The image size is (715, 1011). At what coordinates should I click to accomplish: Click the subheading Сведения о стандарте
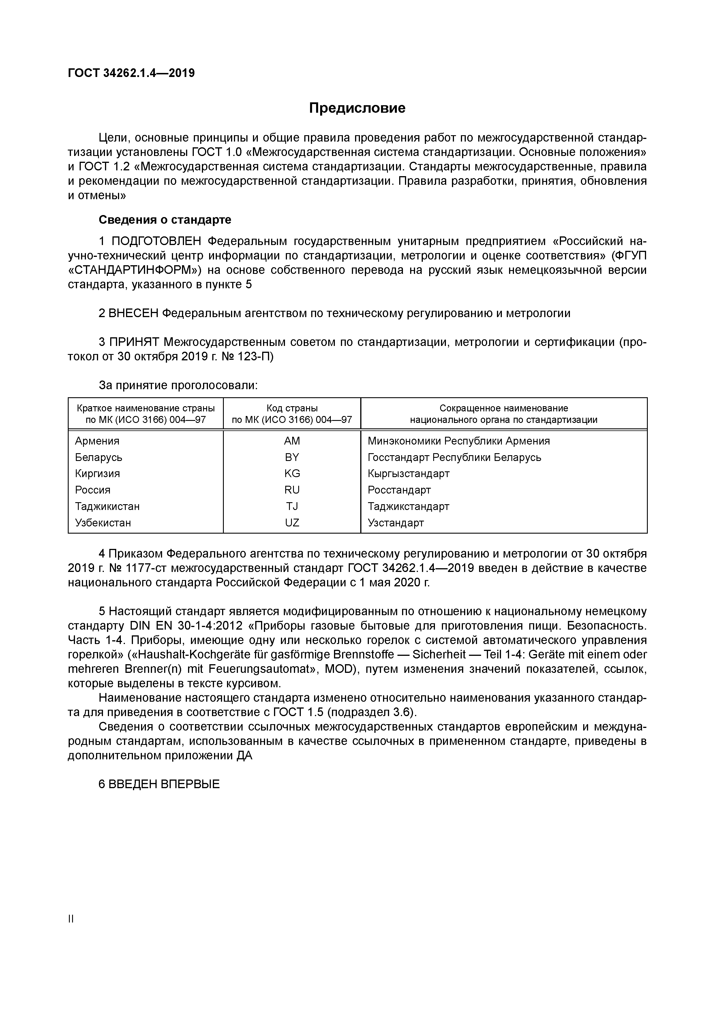pos(165,219)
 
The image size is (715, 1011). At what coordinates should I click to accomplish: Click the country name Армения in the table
pos(97,441)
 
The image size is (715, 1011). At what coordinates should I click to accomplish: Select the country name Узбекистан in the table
pos(103,523)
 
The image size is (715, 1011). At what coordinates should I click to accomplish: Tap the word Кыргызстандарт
pos(408,473)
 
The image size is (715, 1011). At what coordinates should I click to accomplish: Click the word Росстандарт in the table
pos(399,490)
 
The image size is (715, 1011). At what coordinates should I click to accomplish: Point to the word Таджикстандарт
pos(408,507)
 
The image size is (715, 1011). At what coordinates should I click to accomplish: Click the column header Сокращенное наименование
pos(504,408)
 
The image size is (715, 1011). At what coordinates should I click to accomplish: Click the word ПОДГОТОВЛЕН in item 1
pos(156,241)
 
